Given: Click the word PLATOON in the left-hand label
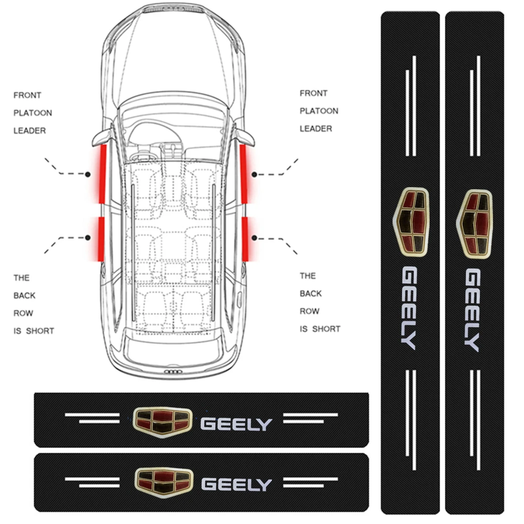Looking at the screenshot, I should pyautogui.click(x=32, y=113).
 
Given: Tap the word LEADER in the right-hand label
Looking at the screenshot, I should pyautogui.click(x=316, y=128).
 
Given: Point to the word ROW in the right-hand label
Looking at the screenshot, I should pyautogui.click(x=310, y=311).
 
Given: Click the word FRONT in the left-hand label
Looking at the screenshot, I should pyautogui.click(x=27, y=95).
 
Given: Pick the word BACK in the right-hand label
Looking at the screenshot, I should pyautogui.click(x=311, y=293).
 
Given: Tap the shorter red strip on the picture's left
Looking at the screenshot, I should pyautogui.click(x=100, y=238).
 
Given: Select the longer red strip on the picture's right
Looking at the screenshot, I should pyautogui.click(x=244, y=174).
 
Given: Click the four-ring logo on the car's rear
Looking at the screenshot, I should pyautogui.click(x=173, y=372).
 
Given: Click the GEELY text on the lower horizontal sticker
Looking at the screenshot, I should pyautogui.click(x=237, y=484).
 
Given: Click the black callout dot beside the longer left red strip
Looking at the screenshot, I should pyautogui.click(x=88, y=173).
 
